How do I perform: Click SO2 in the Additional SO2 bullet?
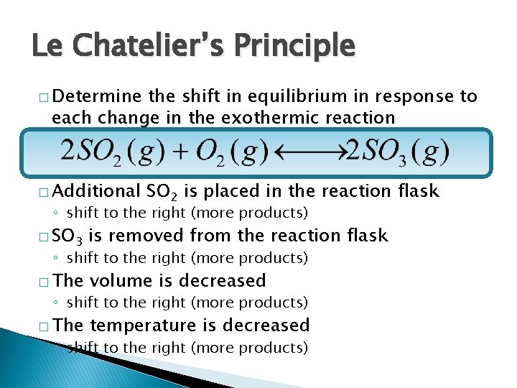point(162,191)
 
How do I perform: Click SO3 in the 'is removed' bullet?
point(68,236)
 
